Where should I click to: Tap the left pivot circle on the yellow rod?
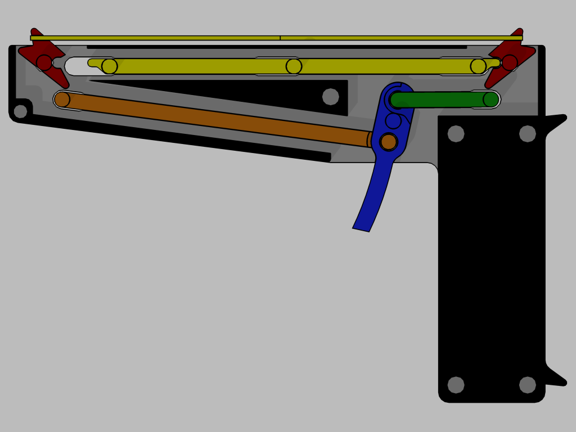(110, 66)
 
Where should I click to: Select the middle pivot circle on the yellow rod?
(294, 66)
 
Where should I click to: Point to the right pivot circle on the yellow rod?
(478, 66)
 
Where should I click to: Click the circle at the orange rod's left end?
(62, 100)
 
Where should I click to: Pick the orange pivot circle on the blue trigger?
(389, 142)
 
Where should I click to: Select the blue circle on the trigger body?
(393, 121)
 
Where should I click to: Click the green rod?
(439, 100)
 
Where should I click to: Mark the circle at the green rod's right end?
(491, 100)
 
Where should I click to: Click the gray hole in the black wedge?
(331, 97)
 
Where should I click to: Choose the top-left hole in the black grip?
(456, 134)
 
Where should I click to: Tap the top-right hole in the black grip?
(528, 134)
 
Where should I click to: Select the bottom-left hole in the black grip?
(456, 385)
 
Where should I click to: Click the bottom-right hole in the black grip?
(528, 385)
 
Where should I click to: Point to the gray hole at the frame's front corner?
(20, 111)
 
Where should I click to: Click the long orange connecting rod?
(214, 119)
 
